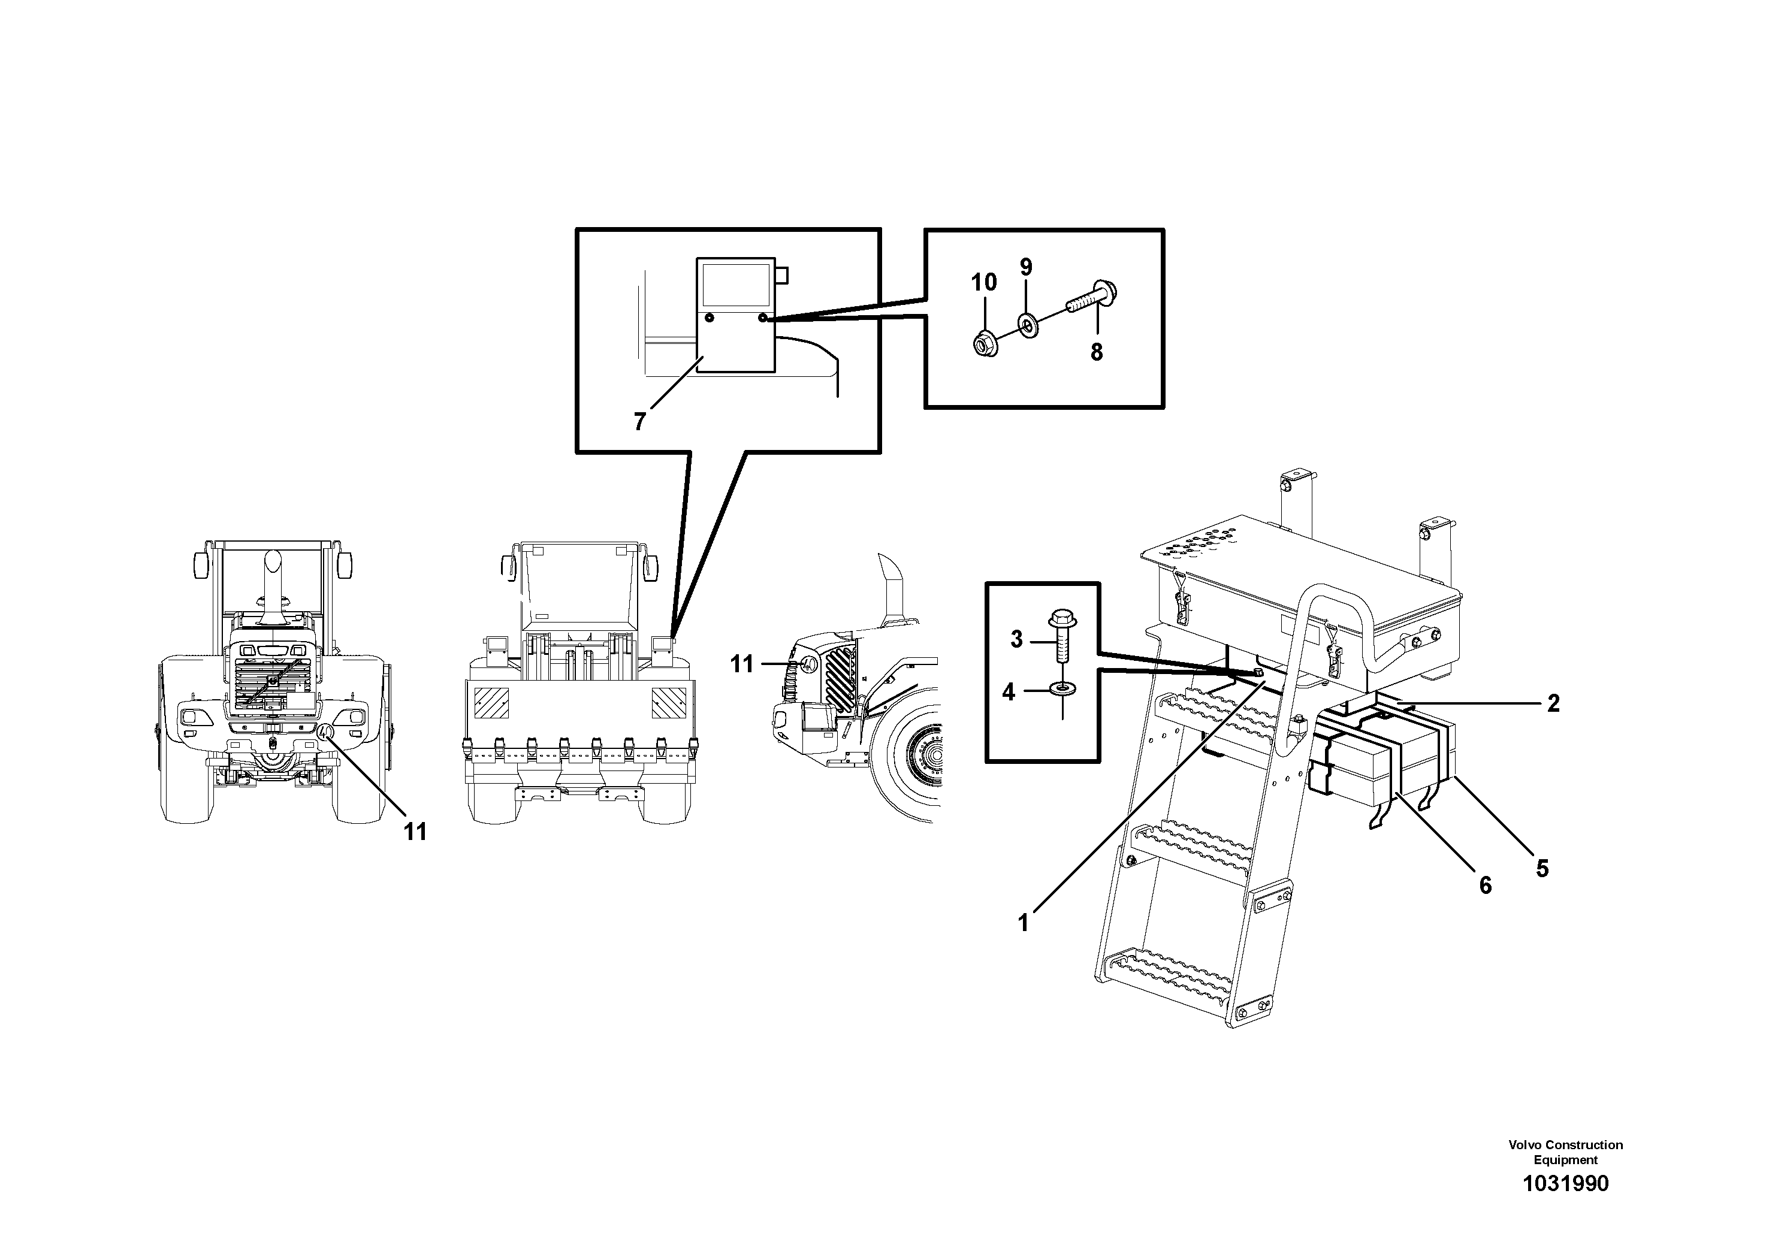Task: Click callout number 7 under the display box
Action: pos(639,422)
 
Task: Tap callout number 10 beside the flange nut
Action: pos(983,282)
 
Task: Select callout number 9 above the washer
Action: pos(1026,267)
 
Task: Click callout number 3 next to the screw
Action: pos(1016,639)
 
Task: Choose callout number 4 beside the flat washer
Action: pos(1009,691)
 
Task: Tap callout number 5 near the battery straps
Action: pos(1542,868)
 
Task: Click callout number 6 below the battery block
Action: pos(1485,885)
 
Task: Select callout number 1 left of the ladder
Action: pos(1024,923)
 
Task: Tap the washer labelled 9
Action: pos(1028,325)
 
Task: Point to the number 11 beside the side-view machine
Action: pos(742,664)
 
